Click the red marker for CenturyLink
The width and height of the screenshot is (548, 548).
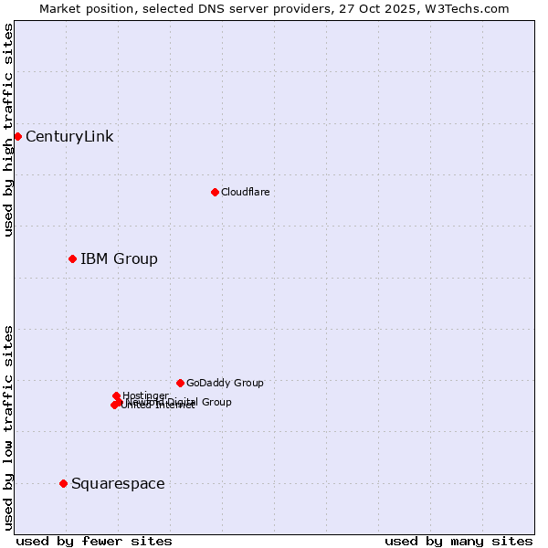coord(17,136)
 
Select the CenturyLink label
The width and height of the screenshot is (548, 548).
coord(69,137)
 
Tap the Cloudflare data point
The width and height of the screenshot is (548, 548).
coord(215,192)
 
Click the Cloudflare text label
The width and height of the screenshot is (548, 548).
coord(245,192)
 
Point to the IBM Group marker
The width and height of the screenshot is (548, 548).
coord(72,258)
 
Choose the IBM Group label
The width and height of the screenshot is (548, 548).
coord(119,259)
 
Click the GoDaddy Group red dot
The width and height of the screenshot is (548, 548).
coord(180,383)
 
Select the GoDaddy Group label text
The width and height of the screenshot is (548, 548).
coord(225,384)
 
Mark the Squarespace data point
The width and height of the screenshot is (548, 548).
coord(63,483)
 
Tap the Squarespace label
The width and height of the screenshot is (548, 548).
coord(118,484)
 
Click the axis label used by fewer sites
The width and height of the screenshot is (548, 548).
coord(93,541)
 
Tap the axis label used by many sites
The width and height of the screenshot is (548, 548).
coord(458,541)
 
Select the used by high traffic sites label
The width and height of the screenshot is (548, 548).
coord(8,130)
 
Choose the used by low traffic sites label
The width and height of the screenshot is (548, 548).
coord(8,427)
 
